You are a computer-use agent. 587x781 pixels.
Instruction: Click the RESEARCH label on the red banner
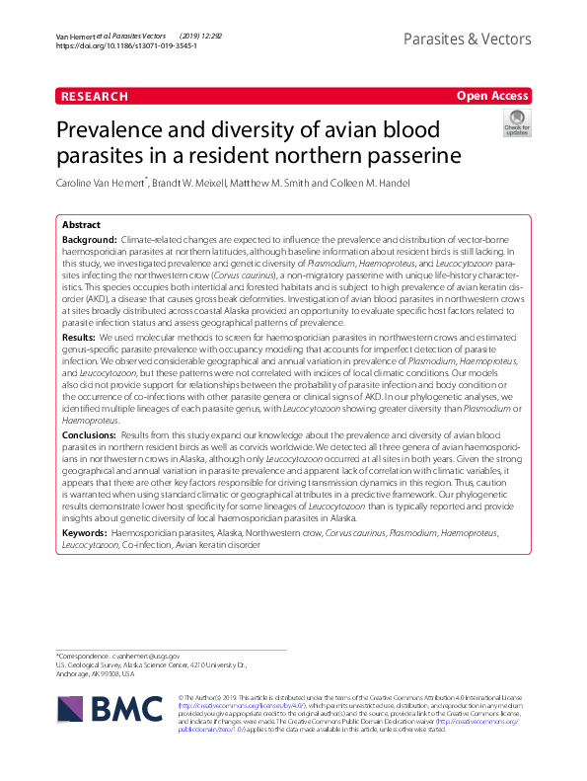click(x=95, y=96)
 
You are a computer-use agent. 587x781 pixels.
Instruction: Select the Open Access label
click(x=493, y=96)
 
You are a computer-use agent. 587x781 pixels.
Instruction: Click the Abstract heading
click(x=81, y=225)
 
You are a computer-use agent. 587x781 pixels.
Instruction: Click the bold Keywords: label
click(x=85, y=532)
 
